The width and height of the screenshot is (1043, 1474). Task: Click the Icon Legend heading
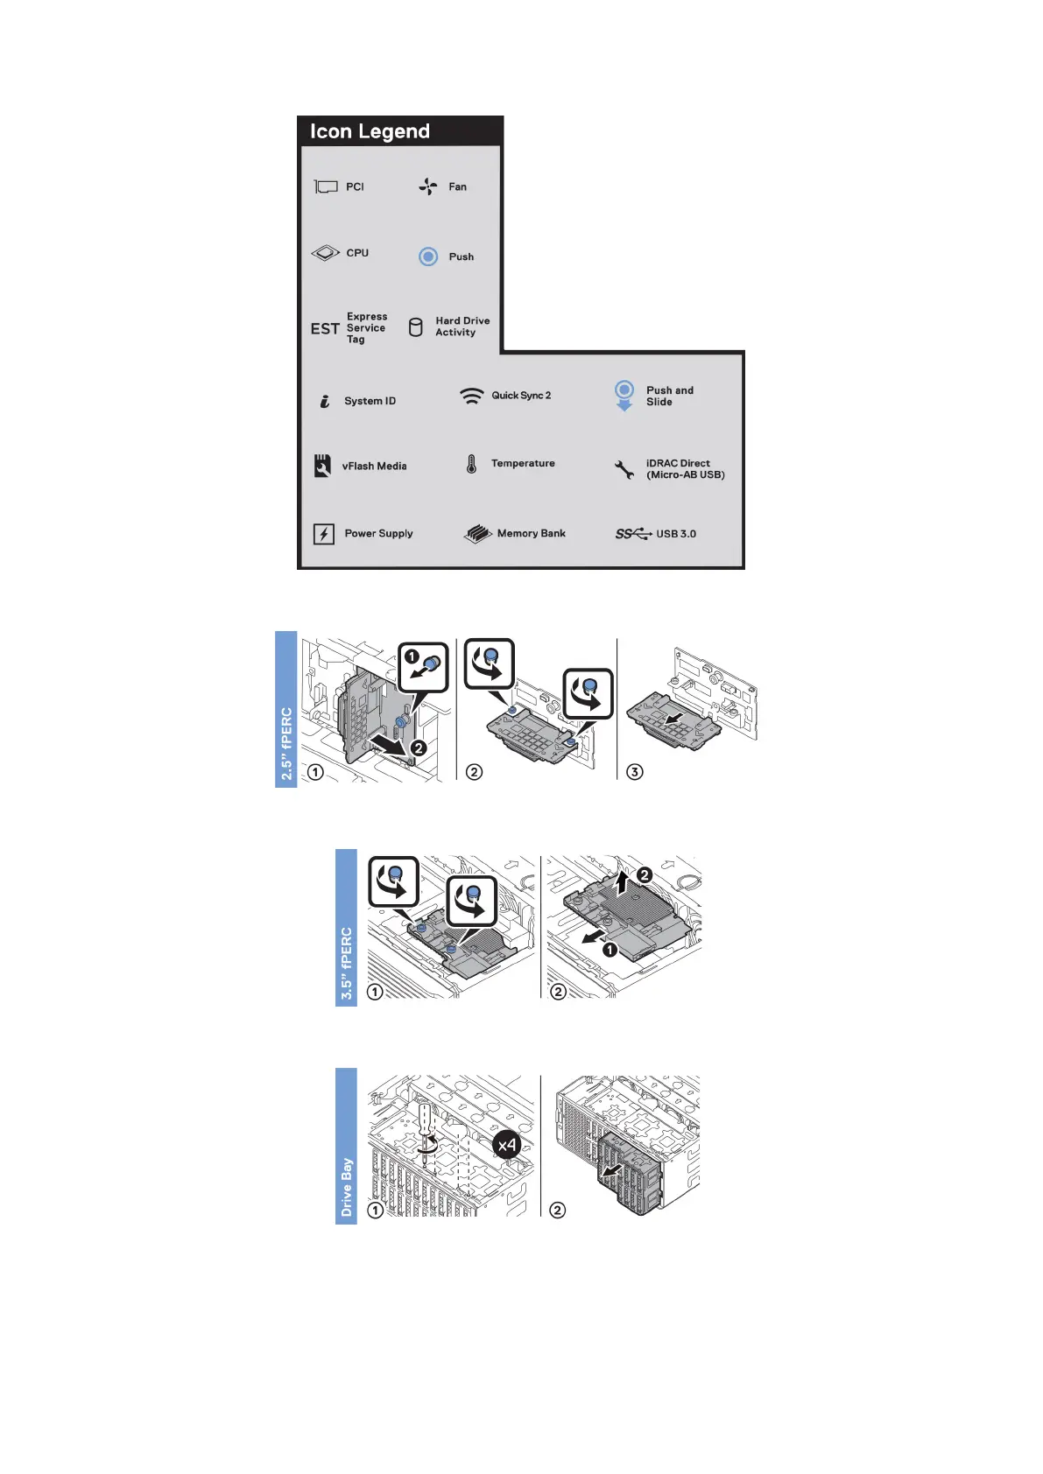370,131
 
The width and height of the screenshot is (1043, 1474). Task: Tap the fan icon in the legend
427,186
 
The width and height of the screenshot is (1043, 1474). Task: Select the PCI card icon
326,186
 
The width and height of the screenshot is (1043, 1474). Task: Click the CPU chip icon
325,253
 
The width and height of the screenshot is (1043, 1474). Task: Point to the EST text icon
325,328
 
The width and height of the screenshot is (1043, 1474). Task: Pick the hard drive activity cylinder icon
416,327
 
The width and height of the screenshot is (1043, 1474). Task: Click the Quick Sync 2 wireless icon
471,396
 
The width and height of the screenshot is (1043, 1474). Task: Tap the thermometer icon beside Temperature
471,464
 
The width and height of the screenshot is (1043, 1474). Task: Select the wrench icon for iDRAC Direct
624,470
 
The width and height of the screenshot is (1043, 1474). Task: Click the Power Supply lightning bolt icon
324,534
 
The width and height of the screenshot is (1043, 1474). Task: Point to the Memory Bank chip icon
477,534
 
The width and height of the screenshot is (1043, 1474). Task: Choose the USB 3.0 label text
676,534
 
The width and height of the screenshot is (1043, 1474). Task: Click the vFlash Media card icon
322,466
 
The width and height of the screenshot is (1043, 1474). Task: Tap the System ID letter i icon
324,401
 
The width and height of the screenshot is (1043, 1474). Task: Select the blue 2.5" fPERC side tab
286,709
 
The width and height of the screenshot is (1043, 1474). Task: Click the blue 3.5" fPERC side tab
346,928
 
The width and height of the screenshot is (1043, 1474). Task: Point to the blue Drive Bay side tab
346,1146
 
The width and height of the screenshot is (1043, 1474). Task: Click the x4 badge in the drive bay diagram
507,1144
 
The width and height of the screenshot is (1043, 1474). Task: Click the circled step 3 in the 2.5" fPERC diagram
635,771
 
